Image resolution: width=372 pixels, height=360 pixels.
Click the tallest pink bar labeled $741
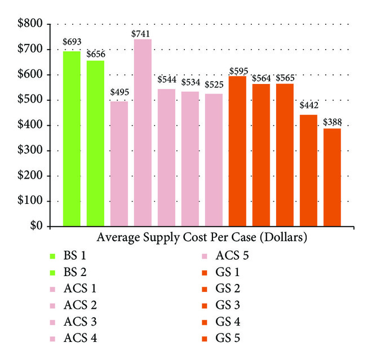(x=143, y=133)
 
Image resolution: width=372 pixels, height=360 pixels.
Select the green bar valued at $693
(x=72, y=139)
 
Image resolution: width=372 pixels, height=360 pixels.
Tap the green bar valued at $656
(x=95, y=143)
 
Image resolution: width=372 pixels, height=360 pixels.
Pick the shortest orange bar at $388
(x=332, y=177)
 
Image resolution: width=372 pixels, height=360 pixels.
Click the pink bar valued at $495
(x=119, y=163)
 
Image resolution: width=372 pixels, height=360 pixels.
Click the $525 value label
(x=214, y=86)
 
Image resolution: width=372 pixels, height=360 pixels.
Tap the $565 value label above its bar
(x=285, y=78)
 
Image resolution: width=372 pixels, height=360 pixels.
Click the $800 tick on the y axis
(x=29, y=24)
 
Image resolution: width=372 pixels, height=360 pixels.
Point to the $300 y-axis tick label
(x=29, y=150)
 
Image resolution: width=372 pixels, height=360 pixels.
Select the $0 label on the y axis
(x=36, y=226)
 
